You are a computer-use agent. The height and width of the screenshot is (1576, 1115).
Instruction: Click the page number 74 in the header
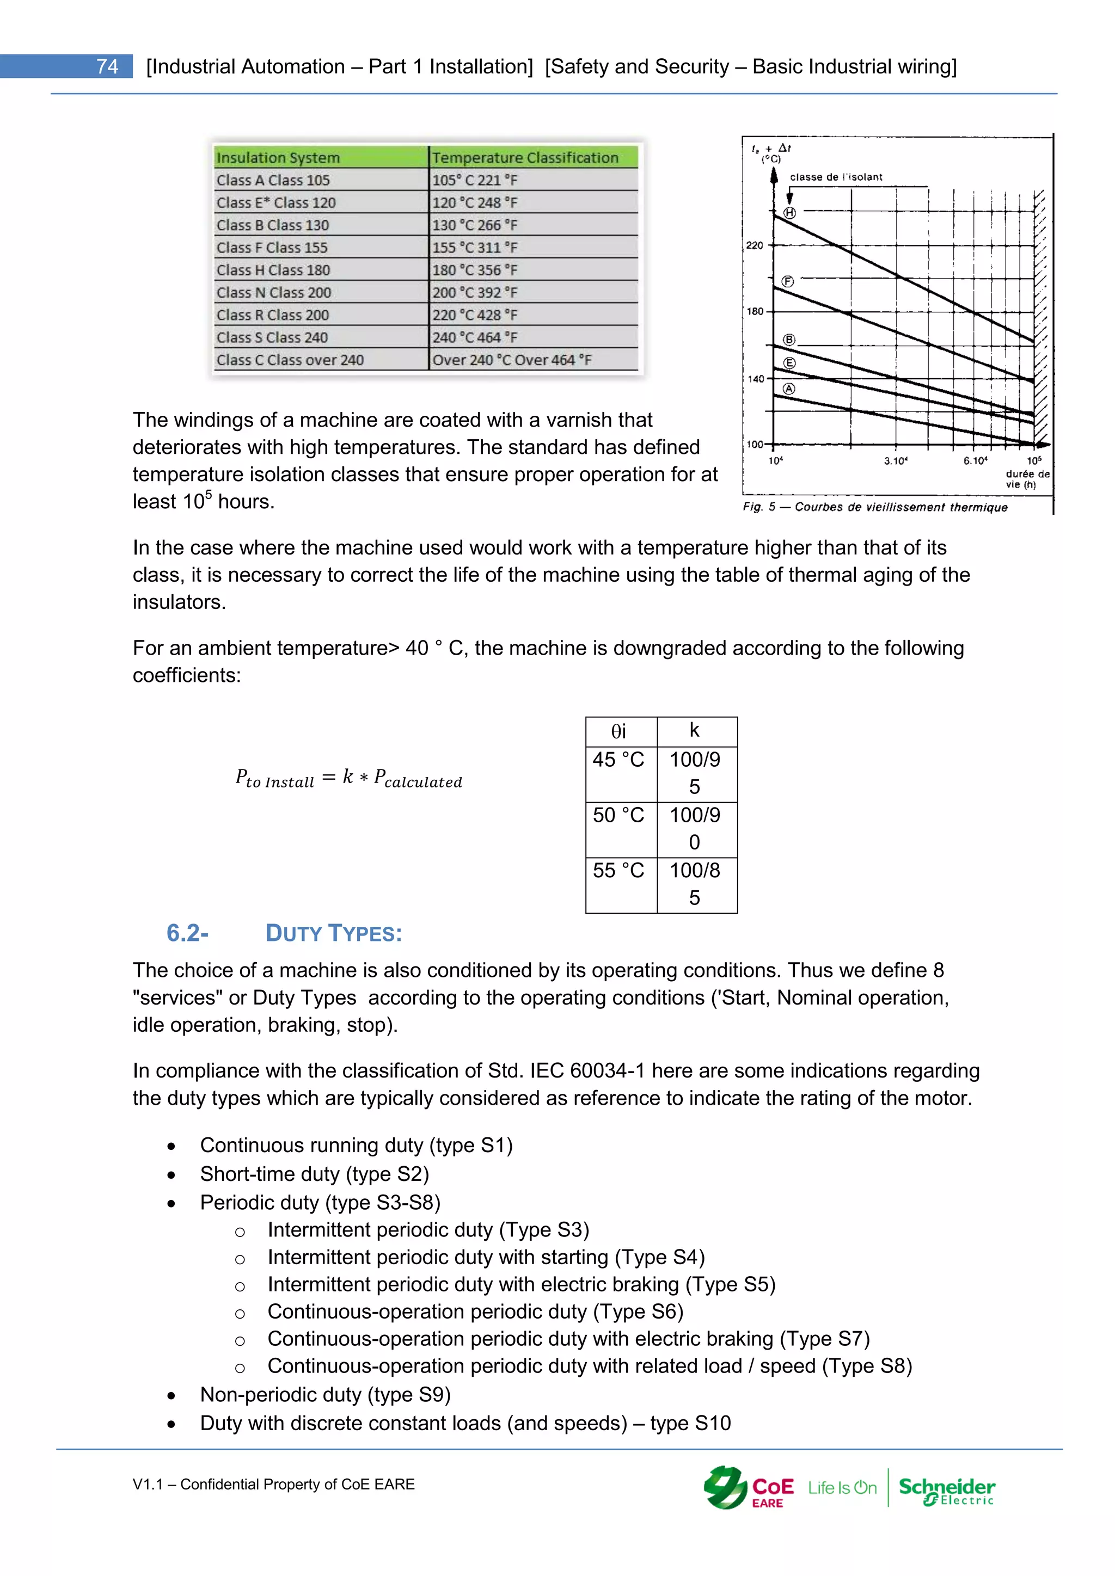pyautogui.click(x=107, y=66)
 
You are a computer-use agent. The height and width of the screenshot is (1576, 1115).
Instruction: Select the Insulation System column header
pyautogui.click(x=278, y=157)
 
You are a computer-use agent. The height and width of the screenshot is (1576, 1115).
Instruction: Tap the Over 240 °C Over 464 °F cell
pyautogui.click(x=512, y=360)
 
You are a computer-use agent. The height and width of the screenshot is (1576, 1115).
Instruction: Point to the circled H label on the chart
pyautogui.click(x=789, y=213)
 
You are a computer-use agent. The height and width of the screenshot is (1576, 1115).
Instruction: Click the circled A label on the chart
pyautogui.click(x=789, y=389)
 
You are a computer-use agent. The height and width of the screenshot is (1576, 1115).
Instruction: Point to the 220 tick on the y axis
pyautogui.click(x=755, y=245)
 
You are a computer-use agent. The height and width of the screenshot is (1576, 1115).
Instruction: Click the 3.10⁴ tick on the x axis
pyautogui.click(x=895, y=460)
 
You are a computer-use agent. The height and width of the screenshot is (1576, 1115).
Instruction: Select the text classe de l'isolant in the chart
pyautogui.click(x=836, y=177)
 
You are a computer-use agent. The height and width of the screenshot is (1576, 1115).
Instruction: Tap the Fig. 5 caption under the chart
pyautogui.click(x=875, y=507)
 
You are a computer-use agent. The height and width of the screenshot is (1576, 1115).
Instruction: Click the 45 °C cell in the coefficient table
pyautogui.click(x=618, y=760)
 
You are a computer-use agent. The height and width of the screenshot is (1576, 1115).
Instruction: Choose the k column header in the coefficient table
pyautogui.click(x=694, y=730)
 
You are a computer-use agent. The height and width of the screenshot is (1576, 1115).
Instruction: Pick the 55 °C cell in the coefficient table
pyautogui.click(x=618, y=870)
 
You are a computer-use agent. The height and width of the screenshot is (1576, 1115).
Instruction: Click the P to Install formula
pyautogui.click(x=349, y=778)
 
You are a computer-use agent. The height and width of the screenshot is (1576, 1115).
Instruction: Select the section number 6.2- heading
pyautogui.click(x=187, y=933)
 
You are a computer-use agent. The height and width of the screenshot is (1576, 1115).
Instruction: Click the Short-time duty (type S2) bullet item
pyautogui.click(x=315, y=1174)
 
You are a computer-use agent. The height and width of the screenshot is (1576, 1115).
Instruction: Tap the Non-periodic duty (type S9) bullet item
pyautogui.click(x=326, y=1395)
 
